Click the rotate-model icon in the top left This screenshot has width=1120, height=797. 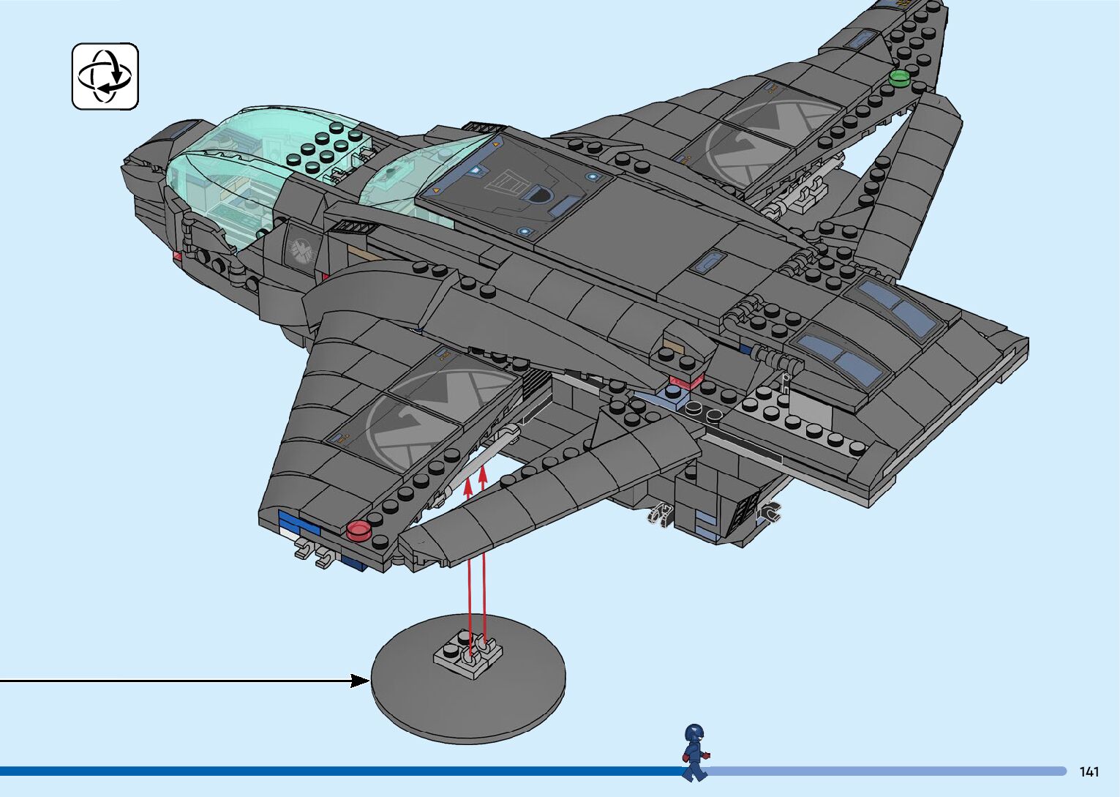click(105, 76)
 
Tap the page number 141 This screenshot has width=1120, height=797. click(1089, 771)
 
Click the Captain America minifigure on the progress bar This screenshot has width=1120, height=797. click(694, 752)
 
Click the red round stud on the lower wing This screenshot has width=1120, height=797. click(358, 530)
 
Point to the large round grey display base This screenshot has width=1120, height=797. click(468, 695)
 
